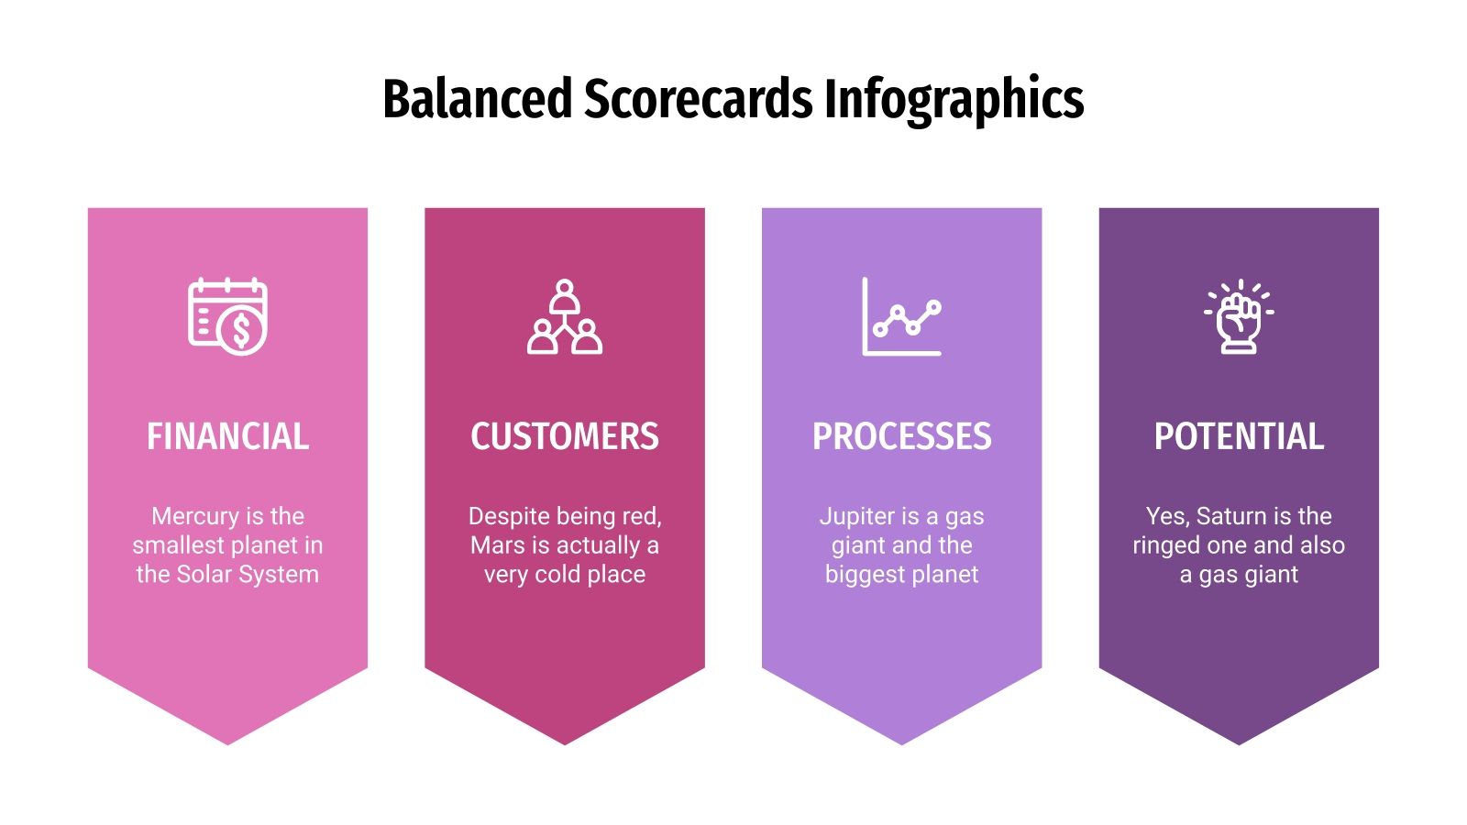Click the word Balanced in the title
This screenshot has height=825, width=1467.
(477, 99)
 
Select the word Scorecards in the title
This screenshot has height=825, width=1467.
(698, 99)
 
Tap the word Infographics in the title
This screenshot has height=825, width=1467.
(954, 99)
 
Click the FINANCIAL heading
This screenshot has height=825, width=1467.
(227, 436)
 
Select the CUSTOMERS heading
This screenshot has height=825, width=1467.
(565, 436)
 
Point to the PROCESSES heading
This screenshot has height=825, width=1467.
(902, 436)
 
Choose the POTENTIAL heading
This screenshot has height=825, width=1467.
(1239, 436)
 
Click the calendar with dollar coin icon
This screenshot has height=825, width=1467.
(227, 316)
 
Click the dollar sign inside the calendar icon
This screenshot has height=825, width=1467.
(242, 331)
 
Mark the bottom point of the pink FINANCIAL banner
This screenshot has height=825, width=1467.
(227, 742)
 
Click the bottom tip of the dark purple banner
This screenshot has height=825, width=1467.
(1239, 742)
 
